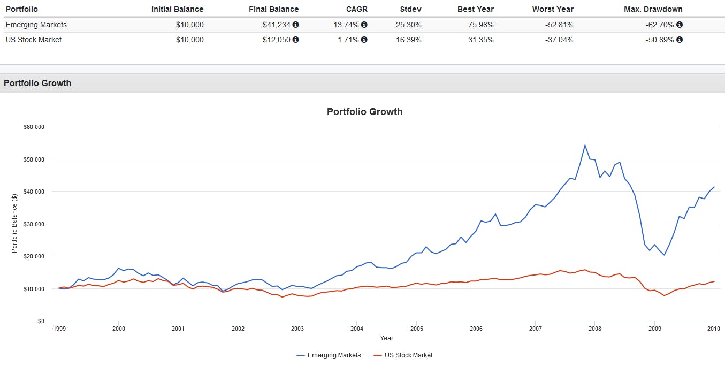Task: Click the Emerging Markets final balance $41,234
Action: [x=277, y=25]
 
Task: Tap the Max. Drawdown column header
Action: [x=653, y=9]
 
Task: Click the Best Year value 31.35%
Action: [x=480, y=40]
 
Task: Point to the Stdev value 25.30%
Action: [x=408, y=25]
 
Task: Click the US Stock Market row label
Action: [x=34, y=40]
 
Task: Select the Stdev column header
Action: [x=410, y=9]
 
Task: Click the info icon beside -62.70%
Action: [x=680, y=25]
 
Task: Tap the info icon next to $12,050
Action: [x=296, y=40]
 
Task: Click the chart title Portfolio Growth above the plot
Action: [x=364, y=112]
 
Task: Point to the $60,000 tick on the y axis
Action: [x=33, y=127]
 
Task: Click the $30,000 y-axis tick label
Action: [x=33, y=224]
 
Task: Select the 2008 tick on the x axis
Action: [x=595, y=329]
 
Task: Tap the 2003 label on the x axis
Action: [x=297, y=329]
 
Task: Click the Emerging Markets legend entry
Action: [x=329, y=355]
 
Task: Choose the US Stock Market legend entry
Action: [x=402, y=355]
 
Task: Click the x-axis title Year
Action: [x=386, y=338]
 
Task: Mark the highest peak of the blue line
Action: [x=585, y=145]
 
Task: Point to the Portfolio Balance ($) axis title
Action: [x=14, y=224]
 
